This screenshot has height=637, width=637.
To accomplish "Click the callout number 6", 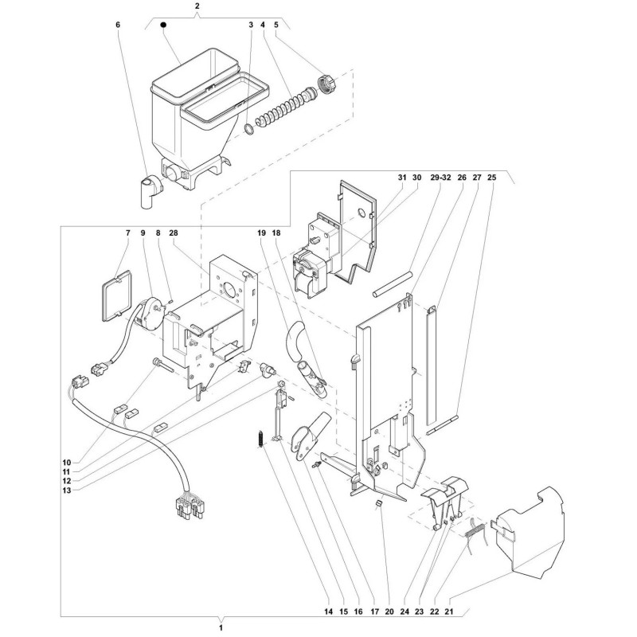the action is (118, 25).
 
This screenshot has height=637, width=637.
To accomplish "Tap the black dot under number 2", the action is (163, 25).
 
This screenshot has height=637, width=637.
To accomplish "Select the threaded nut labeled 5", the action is (327, 84).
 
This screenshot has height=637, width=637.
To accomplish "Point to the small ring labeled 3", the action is (249, 129).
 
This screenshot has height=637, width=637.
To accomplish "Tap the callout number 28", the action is (174, 233).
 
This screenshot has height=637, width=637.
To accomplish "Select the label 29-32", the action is (441, 178).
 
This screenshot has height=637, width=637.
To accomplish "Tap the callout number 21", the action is (449, 612).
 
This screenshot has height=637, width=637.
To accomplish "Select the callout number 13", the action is (67, 490).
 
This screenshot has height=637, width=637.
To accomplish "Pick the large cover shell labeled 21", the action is (527, 532).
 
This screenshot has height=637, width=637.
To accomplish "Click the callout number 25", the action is (491, 178).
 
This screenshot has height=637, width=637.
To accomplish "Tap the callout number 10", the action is (67, 463).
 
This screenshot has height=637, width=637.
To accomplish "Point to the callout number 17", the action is (374, 612).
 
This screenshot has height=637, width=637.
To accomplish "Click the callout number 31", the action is (402, 178).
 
